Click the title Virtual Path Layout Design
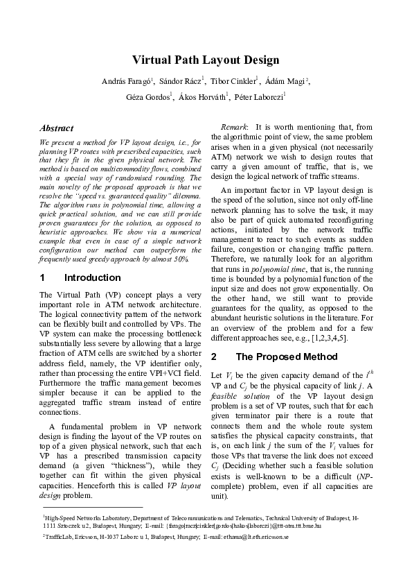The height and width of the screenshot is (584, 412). tap(206, 60)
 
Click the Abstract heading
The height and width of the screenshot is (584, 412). tap(57, 128)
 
